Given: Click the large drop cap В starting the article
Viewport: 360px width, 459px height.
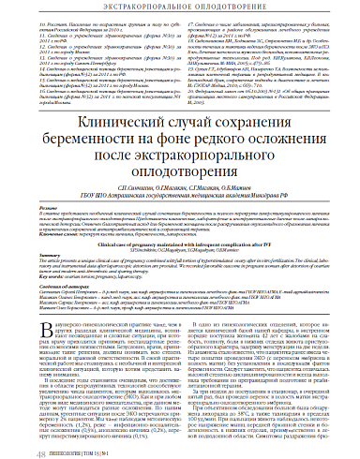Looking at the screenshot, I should click(40, 332).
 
